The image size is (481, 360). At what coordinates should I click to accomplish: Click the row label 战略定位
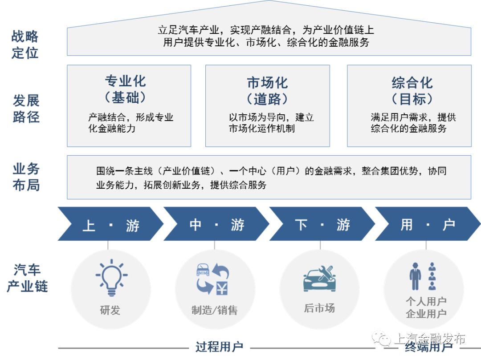click(x=25, y=44)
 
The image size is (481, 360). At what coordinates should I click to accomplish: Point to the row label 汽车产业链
click(x=27, y=278)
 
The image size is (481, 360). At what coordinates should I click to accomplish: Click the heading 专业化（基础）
click(x=126, y=89)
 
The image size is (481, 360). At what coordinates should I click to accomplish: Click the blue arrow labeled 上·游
click(x=110, y=225)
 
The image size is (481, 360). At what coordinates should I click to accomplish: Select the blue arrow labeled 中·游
click(x=216, y=225)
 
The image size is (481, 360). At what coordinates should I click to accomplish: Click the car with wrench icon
click(x=320, y=279)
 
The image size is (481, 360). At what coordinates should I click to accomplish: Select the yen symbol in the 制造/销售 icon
click(x=221, y=287)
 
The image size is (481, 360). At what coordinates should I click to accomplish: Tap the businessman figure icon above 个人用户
click(x=415, y=276)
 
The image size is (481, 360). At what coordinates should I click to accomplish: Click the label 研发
click(x=110, y=310)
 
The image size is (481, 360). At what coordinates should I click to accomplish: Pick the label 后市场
click(x=319, y=308)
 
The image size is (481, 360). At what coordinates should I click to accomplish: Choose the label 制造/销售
click(x=215, y=310)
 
